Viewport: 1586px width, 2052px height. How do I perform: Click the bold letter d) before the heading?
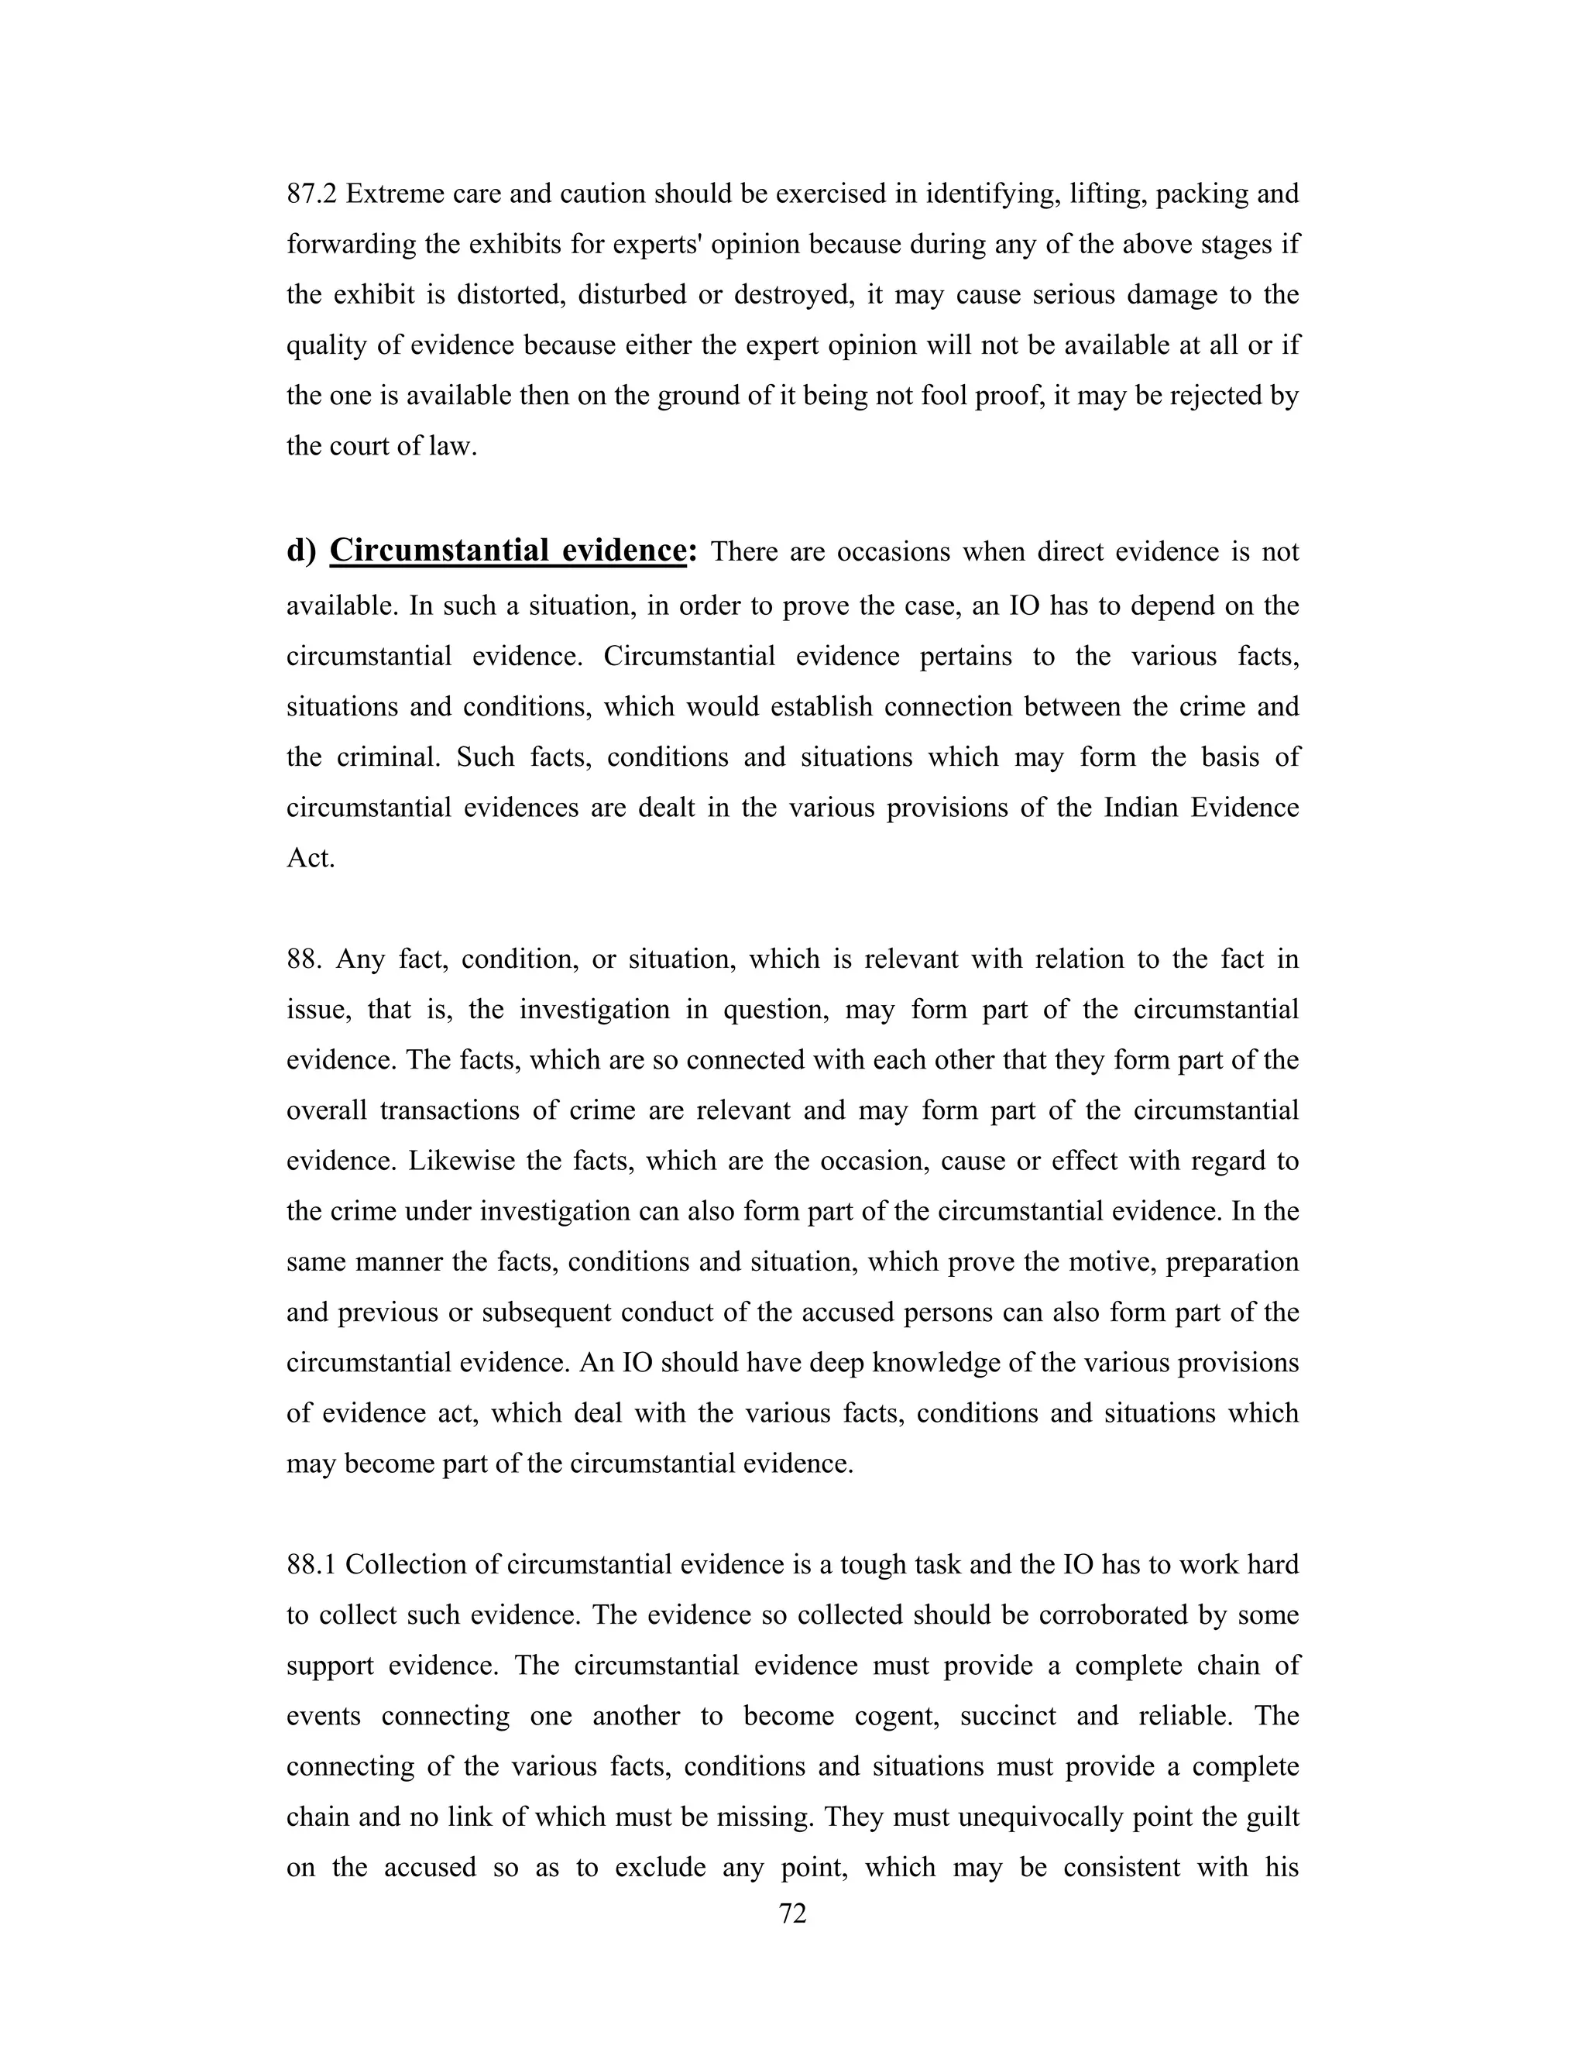[300, 551]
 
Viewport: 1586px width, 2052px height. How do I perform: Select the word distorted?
[508, 295]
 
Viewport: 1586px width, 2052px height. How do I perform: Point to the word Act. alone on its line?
[310, 858]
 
